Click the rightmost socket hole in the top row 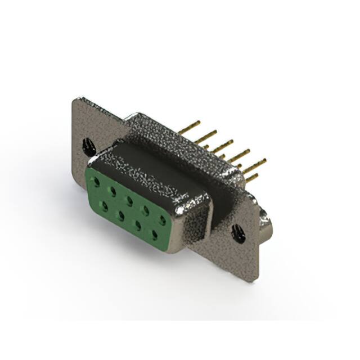163,220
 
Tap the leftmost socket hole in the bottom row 104,204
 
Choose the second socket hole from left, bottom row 120,214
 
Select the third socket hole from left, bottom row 137,223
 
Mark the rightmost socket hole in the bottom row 154,233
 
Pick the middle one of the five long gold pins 223,145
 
